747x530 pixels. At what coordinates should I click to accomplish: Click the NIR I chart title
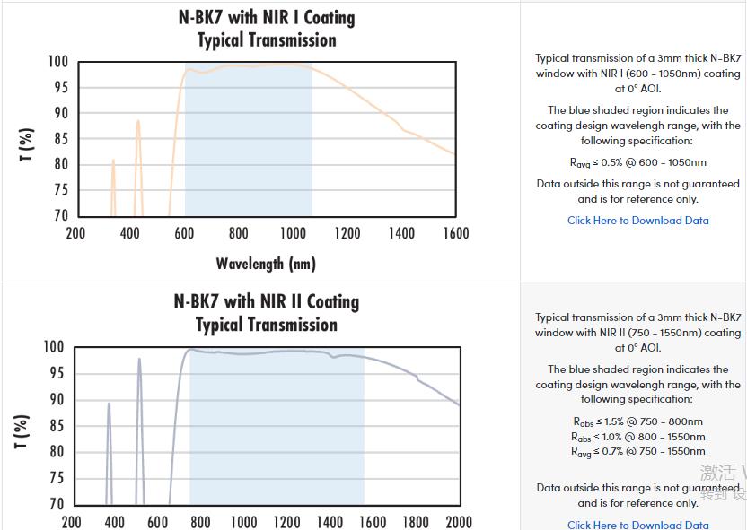267,29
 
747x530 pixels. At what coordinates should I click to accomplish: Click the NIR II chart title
267,313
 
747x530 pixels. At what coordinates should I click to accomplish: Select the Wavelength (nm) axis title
266,264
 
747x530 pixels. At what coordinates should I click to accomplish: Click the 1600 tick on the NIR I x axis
455,234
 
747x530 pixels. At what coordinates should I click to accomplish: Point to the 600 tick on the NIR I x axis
184,234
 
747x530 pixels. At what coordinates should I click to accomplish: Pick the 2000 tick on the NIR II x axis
458,522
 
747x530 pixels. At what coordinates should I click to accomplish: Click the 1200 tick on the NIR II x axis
286,522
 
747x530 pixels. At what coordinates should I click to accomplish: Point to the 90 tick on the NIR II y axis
56,400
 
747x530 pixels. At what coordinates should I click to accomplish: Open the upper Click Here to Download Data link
637,221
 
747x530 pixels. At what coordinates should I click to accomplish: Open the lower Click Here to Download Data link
637,525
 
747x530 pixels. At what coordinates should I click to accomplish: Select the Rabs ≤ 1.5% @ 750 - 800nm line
637,421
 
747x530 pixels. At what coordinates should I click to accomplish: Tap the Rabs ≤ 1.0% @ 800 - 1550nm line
637,437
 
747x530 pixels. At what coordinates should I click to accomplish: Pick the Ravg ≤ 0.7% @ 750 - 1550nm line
637,452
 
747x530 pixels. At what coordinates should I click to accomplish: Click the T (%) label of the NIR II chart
23,431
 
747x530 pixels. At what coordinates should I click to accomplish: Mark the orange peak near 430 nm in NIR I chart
137,122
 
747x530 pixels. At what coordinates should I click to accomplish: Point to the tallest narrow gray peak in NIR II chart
139,360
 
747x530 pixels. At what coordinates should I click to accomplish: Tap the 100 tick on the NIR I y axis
58,62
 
